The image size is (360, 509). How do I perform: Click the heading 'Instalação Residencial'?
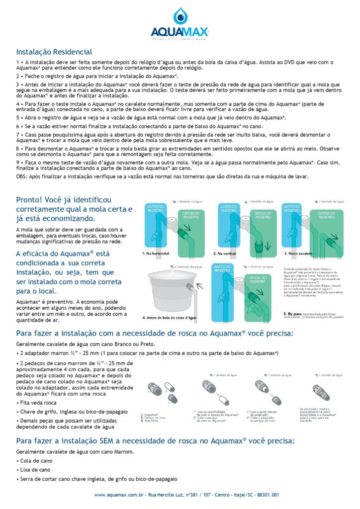(54, 52)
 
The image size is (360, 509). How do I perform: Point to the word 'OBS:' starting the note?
(22, 176)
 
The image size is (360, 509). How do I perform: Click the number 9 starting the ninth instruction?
(17, 162)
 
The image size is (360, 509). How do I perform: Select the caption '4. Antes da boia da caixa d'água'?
(170, 317)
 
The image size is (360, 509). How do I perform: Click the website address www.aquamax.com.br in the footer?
(119, 495)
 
